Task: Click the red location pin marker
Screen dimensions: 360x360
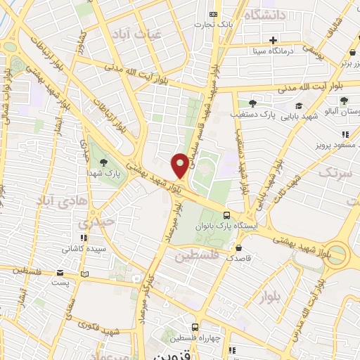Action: click(180, 165)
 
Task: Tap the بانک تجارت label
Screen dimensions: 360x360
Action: click(234, 25)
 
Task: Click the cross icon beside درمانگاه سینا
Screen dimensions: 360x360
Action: click(273, 39)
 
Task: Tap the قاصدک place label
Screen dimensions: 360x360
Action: click(259, 258)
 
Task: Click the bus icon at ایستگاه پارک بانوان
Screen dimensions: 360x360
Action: click(226, 215)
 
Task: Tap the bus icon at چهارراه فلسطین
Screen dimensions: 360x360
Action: click(195, 328)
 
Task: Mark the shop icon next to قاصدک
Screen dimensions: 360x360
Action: click(240, 247)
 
